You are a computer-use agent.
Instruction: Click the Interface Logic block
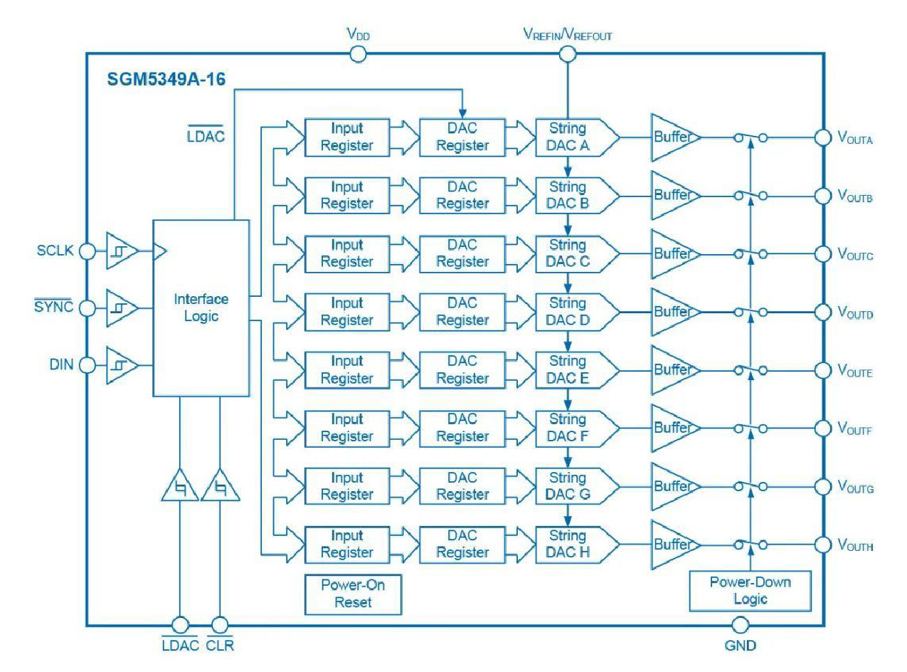tap(201, 308)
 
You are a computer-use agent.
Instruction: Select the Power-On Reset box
tap(352, 593)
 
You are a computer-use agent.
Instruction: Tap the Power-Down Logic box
tap(750, 590)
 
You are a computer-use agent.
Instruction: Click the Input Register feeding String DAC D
tap(347, 312)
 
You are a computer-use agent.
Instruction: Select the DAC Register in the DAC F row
tap(462, 428)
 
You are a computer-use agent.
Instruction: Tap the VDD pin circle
tap(359, 53)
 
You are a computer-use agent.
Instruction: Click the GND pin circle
tap(741, 625)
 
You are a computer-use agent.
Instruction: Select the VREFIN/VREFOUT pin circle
tap(567, 53)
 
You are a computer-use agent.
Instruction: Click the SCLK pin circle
tap(87, 251)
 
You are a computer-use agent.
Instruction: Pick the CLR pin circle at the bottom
tap(220, 625)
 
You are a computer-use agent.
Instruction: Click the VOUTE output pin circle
tap(822, 370)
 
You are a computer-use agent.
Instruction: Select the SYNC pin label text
tap(54, 308)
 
